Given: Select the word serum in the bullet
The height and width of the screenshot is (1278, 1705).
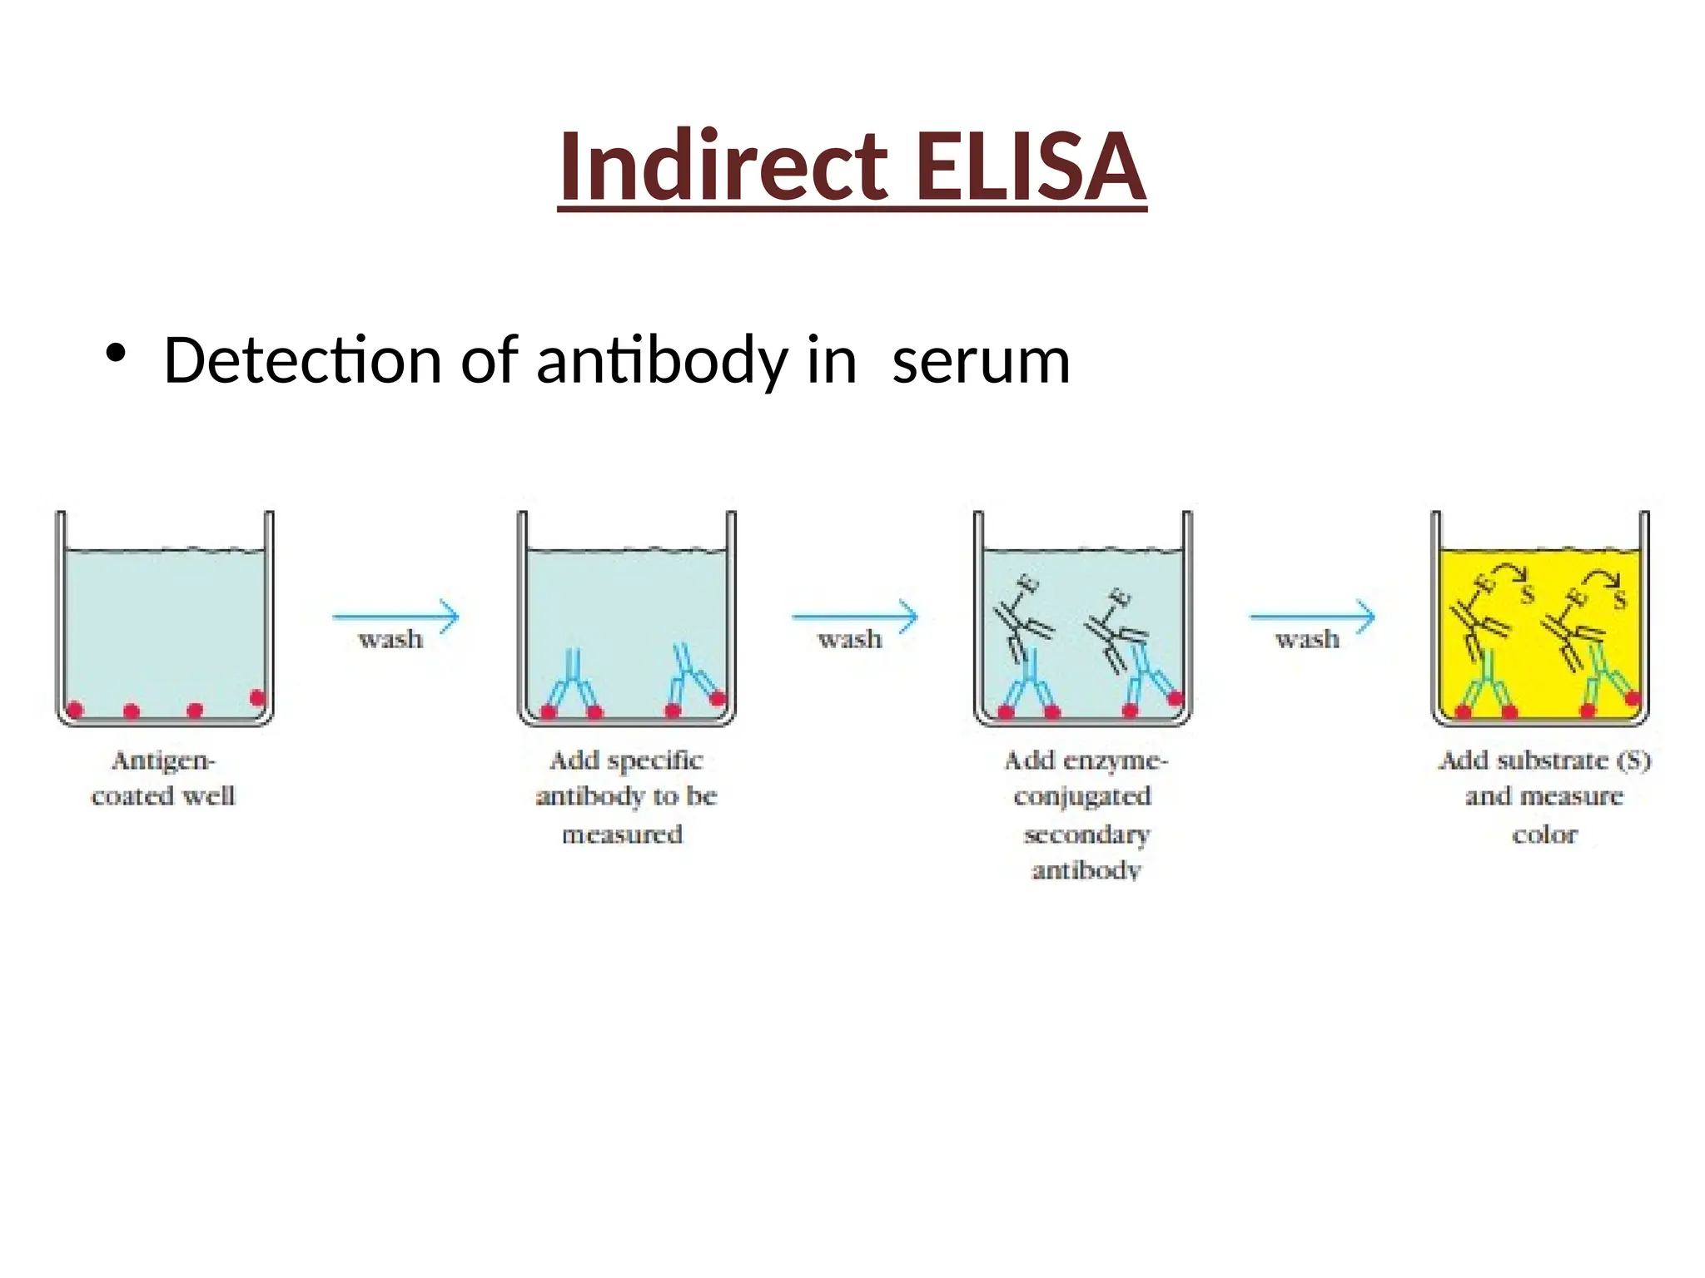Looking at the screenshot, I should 980,361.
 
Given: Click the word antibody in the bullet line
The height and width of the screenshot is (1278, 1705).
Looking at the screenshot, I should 662,361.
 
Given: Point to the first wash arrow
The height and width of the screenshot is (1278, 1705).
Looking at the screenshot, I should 395,617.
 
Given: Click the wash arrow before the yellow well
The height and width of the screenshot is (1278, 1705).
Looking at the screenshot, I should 1311,617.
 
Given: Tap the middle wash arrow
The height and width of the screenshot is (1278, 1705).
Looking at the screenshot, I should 854,617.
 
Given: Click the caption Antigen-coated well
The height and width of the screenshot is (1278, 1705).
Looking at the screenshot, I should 163,778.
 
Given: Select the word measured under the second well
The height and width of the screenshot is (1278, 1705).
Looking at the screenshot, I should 622,834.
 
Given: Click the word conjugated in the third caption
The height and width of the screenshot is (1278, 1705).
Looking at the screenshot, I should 1082,796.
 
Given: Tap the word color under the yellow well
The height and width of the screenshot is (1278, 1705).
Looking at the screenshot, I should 1544,834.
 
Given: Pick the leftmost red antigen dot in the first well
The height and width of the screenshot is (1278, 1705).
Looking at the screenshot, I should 75,710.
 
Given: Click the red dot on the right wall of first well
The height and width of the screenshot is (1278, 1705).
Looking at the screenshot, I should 257,697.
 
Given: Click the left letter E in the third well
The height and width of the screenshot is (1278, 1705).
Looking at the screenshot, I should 1030,585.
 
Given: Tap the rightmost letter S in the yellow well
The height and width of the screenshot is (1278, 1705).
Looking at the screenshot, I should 1619,599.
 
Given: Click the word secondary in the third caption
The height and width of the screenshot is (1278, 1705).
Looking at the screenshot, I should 1086,834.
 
